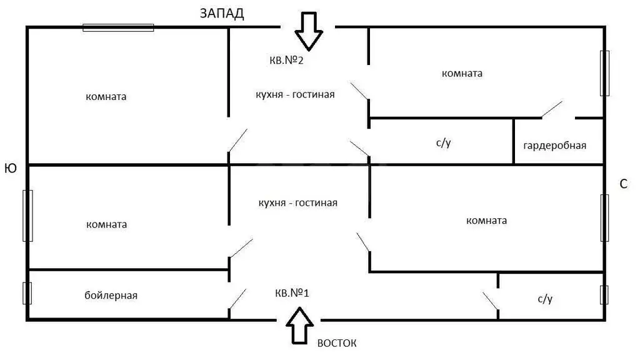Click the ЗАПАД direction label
(x=222, y=14)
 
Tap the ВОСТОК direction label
(x=337, y=343)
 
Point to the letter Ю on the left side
(x=11, y=168)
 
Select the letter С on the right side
(x=623, y=184)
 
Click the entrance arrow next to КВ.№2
(x=309, y=31)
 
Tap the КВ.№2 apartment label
(x=286, y=61)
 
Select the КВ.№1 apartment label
(x=292, y=292)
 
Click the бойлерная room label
(x=111, y=295)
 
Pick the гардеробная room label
(x=555, y=145)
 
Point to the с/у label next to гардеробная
(x=443, y=142)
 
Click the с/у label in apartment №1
(x=545, y=299)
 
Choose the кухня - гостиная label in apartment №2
(x=295, y=95)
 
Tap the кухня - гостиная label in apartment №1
(x=298, y=203)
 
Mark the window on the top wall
(x=118, y=27)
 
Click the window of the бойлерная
(x=27, y=293)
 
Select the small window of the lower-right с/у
(x=604, y=295)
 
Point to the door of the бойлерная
(x=237, y=299)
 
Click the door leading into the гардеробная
(x=552, y=109)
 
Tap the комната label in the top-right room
(x=462, y=74)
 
